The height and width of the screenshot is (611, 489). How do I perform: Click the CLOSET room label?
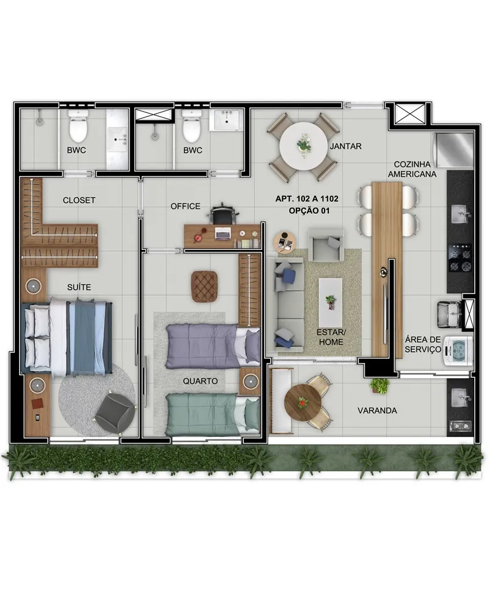(x=79, y=200)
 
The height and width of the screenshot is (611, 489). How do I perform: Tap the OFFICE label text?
(x=185, y=206)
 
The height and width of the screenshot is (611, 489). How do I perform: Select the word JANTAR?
(x=345, y=146)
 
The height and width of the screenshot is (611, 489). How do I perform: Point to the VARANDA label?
(x=377, y=411)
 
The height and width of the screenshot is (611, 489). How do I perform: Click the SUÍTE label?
(x=79, y=287)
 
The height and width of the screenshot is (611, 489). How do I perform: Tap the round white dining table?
(x=303, y=147)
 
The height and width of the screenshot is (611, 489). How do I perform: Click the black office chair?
(x=222, y=213)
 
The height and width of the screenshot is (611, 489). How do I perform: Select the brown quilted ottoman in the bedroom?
(x=204, y=286)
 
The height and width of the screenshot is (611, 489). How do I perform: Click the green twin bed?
(x=213, y=414)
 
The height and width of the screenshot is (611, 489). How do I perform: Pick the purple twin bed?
(x=213, y=346)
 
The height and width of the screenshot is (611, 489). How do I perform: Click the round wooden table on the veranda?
(x=303, y=402)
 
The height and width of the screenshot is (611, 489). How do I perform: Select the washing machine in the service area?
(x=457, y=353)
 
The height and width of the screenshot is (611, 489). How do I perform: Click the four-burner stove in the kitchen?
(x=460, y=258)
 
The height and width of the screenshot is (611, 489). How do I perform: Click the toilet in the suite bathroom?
(x=78, y=126)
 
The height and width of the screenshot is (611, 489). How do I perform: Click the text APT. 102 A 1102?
(x=307, y=199)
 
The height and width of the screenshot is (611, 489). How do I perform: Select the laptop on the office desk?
(x=222, y=233)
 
